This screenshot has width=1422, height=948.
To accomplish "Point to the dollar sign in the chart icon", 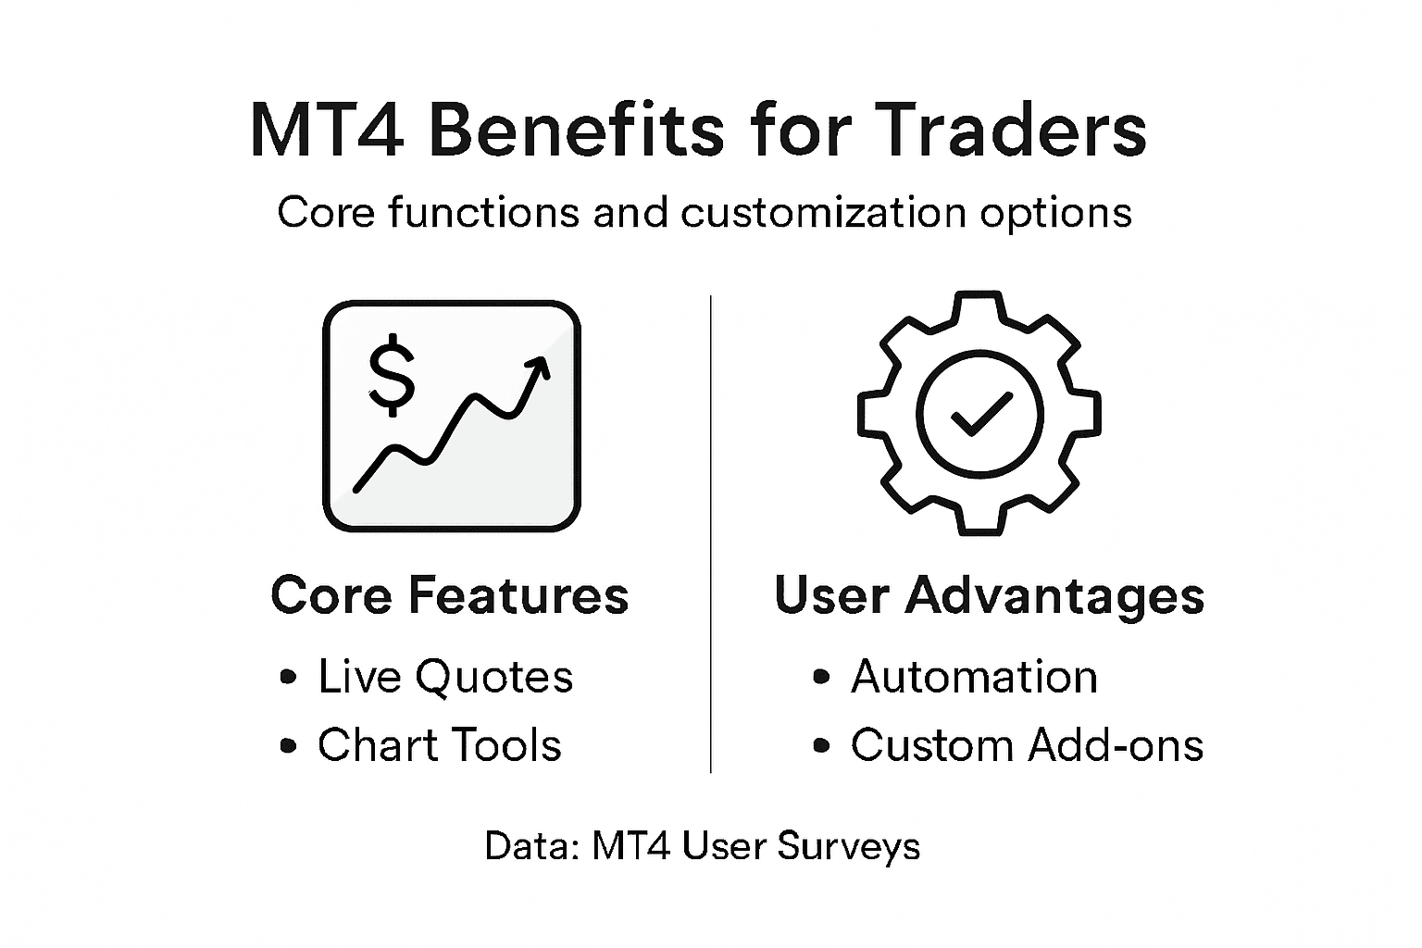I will tap(392, 374).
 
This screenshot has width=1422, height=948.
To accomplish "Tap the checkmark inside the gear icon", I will tap(980, 413).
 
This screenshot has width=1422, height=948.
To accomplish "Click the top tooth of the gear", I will tap(979, 306).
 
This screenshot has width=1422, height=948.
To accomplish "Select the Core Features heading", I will tap(450, 594).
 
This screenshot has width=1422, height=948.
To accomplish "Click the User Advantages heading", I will tap(989, 594).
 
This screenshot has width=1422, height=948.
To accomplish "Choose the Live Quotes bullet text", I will tap(445, 677).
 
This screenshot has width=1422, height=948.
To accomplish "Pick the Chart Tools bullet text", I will tap(439, 745).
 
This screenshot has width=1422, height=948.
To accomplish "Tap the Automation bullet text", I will tap(974, 677).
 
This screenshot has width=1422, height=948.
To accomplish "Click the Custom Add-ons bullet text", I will tap(1027, 745).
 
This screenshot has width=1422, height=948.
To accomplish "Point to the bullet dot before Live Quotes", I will tap(288, 678).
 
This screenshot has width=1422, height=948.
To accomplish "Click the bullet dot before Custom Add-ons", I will tap(820, 746).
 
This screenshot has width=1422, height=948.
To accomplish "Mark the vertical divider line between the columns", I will tap(710, 533).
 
